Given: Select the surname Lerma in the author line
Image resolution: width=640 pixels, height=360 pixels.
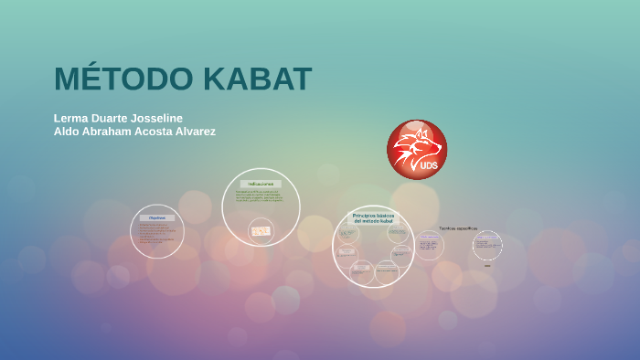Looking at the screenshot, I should (x=71, y=118).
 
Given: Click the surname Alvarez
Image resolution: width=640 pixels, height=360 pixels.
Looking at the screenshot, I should (x=192, y=132).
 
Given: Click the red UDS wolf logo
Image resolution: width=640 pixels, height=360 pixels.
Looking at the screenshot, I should (x=417, y=149).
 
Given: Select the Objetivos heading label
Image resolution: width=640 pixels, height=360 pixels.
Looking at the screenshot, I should (x=157, y=217).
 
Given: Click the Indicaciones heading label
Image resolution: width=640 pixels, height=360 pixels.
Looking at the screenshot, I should (x=261, y=184).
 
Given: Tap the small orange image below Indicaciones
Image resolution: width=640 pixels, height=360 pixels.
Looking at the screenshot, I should (x=261, y=230).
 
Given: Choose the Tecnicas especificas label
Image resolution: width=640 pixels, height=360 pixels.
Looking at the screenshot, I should (x=458, y=228).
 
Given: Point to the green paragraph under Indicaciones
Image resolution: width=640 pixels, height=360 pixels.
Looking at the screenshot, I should (x=261, y=196).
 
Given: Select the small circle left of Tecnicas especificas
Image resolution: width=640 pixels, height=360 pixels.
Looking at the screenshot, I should (x=429, y=245).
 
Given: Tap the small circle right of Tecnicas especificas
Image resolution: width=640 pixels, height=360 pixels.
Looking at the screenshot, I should (x=487, y=245).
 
